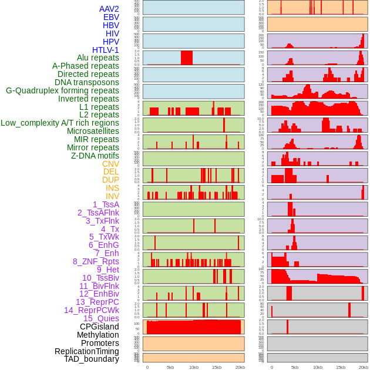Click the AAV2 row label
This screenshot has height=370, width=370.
(x=109, y=9)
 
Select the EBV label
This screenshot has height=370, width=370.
(x=111, y=17)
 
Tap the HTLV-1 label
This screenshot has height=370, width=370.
(x=106, y=50)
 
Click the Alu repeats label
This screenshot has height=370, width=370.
(x=98, y=58)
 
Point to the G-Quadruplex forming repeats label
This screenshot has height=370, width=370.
(x=62, y=90)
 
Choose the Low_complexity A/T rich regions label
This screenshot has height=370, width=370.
(x=60, y=123)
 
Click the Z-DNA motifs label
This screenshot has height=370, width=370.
(x=95, y=156)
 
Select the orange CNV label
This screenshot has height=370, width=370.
(x=110, y=164)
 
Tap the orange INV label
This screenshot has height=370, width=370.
(x=112, y=196)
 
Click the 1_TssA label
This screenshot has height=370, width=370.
(x=106, y=204)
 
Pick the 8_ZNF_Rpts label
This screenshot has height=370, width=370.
(x=96, y=261)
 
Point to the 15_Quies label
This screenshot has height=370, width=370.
(x=101, y=318)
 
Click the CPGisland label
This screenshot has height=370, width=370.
(x=99, y=327)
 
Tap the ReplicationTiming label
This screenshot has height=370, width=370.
(x=87, y=351)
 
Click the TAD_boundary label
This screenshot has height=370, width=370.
(x=92, y=359)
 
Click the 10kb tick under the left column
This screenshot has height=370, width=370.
(x=193, y=367)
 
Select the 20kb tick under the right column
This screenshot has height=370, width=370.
(x=364, y=367)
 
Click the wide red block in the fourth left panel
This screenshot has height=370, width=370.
(x=187, y=58)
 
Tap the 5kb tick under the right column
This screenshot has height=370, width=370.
(x=295, y=367)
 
